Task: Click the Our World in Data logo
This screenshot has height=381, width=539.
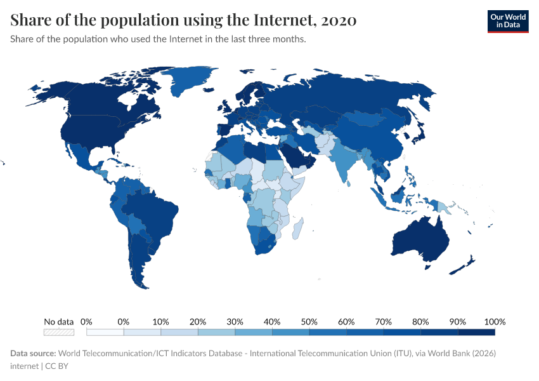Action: point(507,20)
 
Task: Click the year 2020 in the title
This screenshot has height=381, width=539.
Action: point(339,20)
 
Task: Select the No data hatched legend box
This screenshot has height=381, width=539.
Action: point(59,331)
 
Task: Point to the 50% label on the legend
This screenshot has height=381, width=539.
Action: point(309,321)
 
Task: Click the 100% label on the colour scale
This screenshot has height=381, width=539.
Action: point(495,321)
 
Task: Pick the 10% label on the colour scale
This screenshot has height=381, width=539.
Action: point(161,321)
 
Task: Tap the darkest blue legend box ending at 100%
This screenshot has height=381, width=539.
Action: point(476,331)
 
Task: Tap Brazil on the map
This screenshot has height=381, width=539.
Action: point(152,213)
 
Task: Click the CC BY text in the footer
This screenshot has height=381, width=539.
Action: point(58,366)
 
